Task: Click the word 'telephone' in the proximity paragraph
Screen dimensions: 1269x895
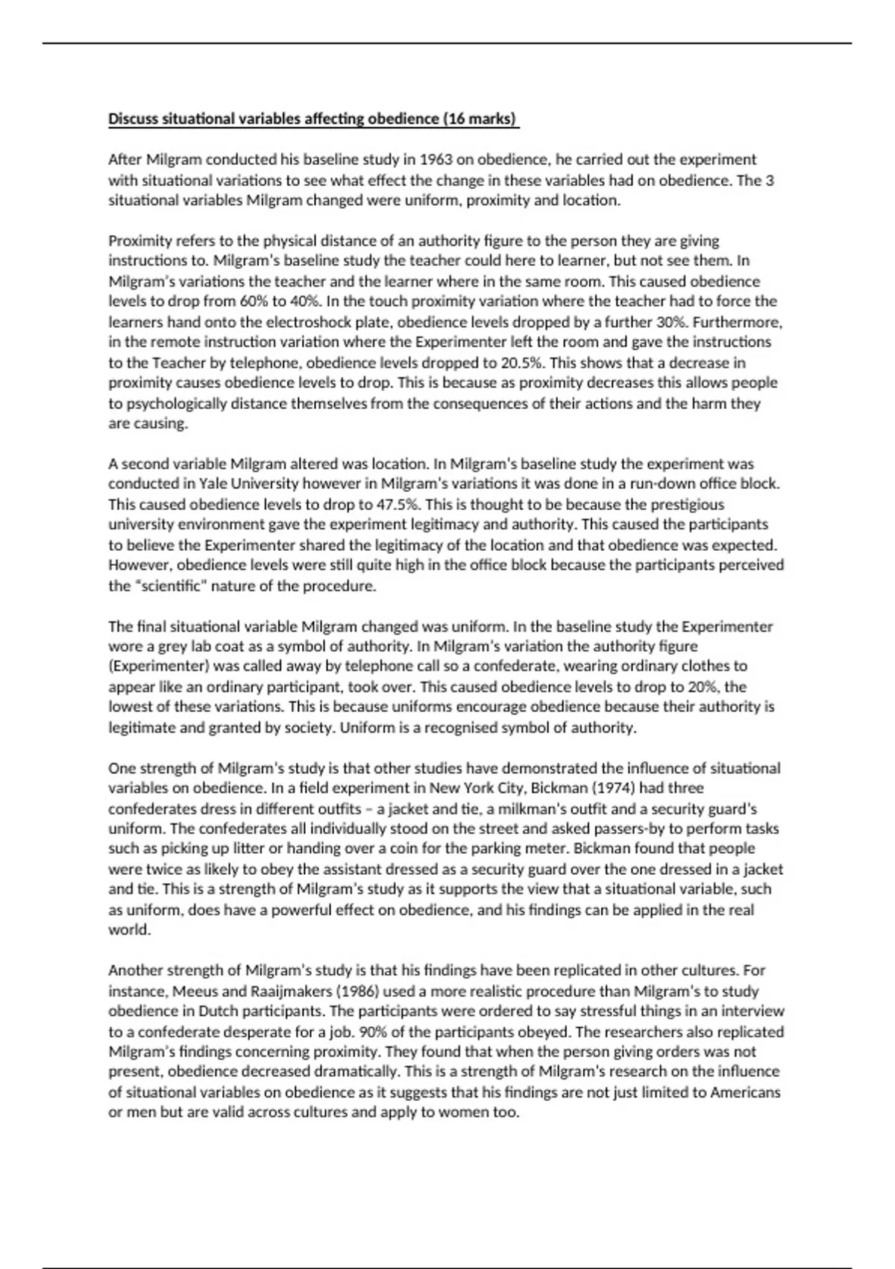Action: coord(268,363)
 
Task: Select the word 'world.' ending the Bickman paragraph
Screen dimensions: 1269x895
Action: coord(130,930)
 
